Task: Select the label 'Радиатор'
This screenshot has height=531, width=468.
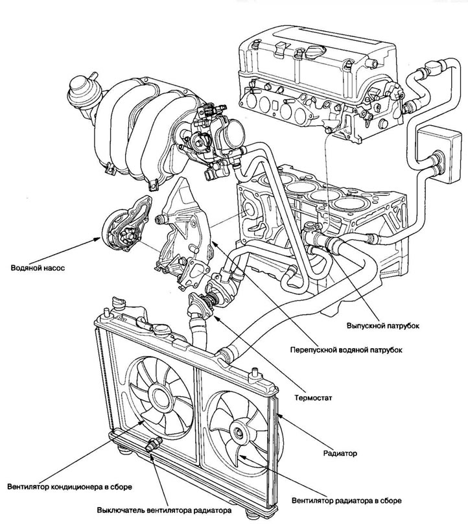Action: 339,453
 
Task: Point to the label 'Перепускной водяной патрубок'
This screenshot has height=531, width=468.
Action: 345,349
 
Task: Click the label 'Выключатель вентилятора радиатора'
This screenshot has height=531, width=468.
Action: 164,510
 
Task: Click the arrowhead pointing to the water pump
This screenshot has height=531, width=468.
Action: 95,241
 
